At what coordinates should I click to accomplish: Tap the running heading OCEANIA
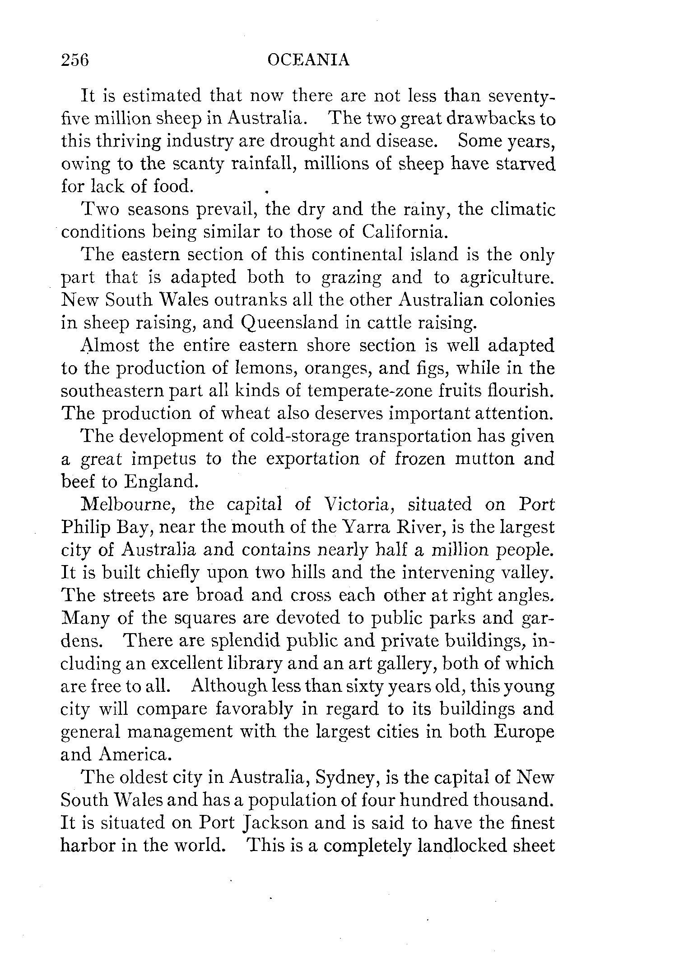pyautogui.click(x=308, y=60)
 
